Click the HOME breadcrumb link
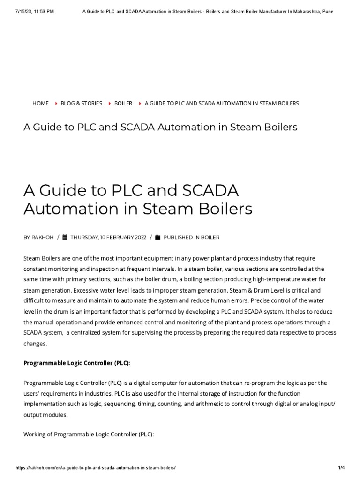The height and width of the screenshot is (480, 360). pos(40,103)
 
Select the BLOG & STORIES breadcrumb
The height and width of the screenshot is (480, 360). pos(81,103)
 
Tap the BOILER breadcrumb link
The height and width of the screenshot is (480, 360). pos(123,103)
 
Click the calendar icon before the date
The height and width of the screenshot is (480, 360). pos(65,237)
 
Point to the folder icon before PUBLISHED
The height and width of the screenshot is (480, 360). pos(158,237)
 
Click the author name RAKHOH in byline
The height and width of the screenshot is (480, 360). pos(42,237)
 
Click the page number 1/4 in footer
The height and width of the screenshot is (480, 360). pos(341,468)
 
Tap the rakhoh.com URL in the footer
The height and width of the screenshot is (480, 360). pos(96,468)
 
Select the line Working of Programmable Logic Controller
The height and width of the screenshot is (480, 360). pos(89,434)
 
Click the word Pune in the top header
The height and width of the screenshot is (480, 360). pos(328,11)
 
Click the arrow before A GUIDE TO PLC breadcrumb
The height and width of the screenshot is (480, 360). pos(140,103)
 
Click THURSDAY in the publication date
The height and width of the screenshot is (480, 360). pos(84,237)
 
